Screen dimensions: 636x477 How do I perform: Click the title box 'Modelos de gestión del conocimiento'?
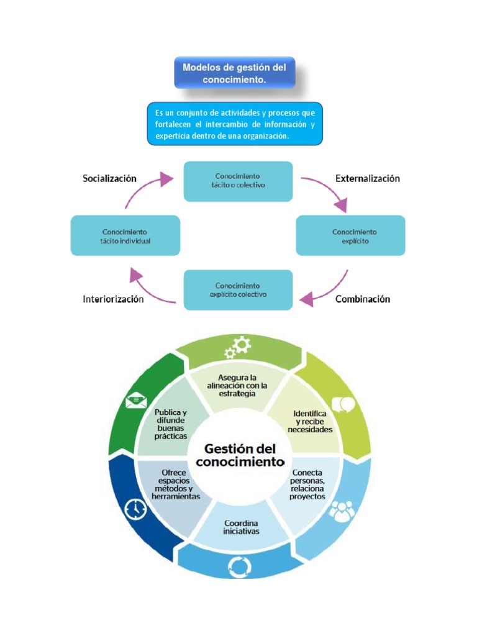(234, 73)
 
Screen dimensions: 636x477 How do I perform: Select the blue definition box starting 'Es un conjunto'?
(235, 124)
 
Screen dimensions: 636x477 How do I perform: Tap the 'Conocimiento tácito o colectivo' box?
(238, 181)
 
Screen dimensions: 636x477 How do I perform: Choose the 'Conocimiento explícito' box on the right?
(350, 235)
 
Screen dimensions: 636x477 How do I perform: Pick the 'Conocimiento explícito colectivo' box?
(238, 289)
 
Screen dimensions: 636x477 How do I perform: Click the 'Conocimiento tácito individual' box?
(125, 235)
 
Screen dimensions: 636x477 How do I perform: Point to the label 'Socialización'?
(109, 178)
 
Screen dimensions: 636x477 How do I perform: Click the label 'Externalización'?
(368, 178)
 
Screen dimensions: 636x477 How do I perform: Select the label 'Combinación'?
(363, 299)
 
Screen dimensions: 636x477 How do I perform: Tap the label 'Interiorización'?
(113, 299)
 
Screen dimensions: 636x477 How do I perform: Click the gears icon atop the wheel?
(238, 347)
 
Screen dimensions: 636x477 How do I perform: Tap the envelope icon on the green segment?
(135, 401)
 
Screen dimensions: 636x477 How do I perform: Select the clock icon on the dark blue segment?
(135, 509)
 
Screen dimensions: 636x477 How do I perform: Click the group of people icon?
(340, 511)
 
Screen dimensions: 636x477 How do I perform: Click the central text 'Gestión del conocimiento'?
(240, 455)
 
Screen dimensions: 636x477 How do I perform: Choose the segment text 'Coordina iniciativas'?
(242, 527)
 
